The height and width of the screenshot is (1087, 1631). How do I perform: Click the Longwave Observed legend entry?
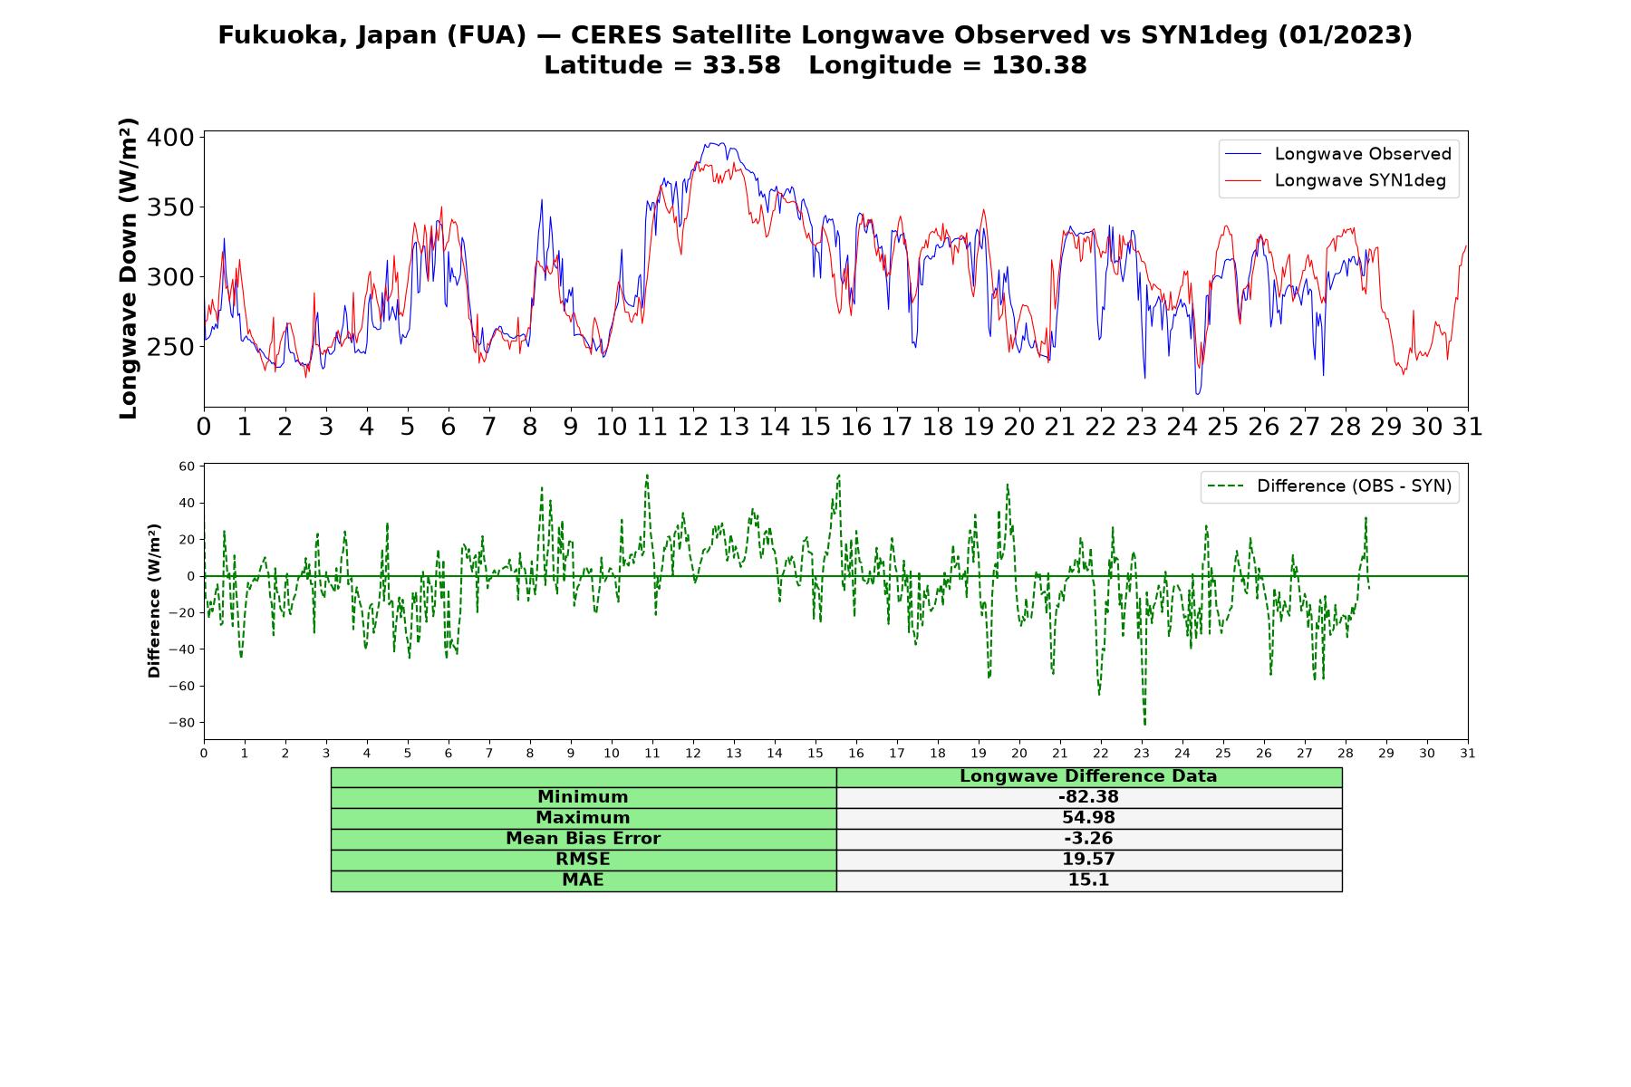coord(1337,154)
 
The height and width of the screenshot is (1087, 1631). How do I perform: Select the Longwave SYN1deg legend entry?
coord(1335,180)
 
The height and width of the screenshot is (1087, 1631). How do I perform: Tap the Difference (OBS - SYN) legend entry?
coord(1329,486)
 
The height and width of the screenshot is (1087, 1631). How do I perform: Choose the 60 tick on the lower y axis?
coord(187,467)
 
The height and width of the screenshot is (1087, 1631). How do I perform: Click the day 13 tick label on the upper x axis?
coord(734,427)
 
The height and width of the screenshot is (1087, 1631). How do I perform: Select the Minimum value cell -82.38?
coord(1088,797)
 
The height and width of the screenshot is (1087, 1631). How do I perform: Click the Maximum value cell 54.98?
coord(1088,818)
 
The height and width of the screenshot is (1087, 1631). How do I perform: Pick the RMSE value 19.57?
coord(1088,860)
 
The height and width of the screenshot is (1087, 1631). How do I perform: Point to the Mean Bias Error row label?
coord(583,839)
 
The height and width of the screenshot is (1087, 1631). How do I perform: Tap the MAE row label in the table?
coord(583,880)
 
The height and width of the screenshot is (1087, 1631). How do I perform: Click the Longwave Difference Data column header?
coord(1088,776)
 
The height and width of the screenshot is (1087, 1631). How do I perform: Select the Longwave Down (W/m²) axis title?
coord(129,268)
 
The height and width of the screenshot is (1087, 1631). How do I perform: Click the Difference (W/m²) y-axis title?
coord(154,601)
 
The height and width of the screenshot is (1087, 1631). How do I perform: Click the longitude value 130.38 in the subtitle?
coord(1039,65)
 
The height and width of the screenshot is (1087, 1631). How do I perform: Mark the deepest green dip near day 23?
coord(1144,724)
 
